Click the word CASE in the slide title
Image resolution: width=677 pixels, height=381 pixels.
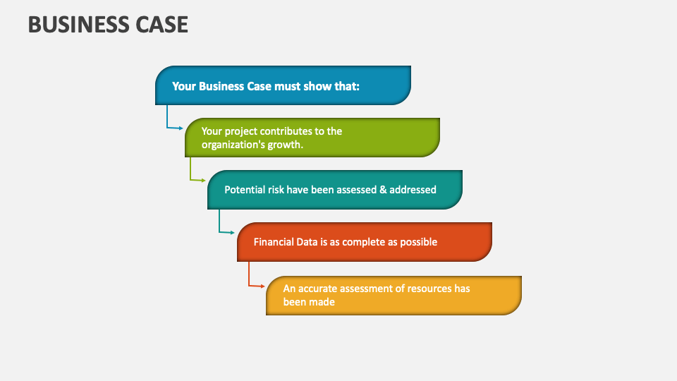tap(161, 25)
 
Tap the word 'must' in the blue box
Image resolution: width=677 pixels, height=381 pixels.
tap(283, 86)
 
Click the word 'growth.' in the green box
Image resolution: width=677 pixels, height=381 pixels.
tap(286, 145)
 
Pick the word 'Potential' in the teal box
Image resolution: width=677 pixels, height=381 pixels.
tap(245, 190)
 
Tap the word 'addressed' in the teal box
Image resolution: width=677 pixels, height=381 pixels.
tap(413, 190)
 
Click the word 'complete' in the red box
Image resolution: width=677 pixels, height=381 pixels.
tap(363, 242)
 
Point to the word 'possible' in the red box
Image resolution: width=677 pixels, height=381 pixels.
tap(419, 242)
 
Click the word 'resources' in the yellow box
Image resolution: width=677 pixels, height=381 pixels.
tap(428, 289)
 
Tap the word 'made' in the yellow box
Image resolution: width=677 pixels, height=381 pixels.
tap(321, 302)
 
